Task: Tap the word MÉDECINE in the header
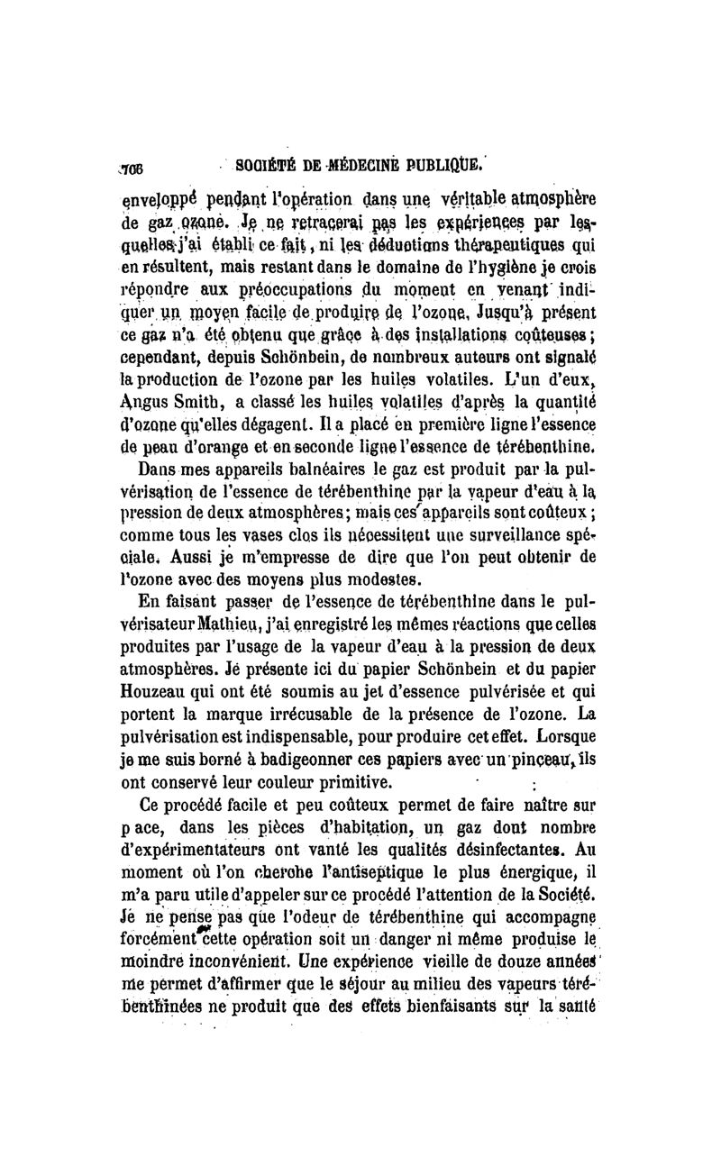tap(358, 166)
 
